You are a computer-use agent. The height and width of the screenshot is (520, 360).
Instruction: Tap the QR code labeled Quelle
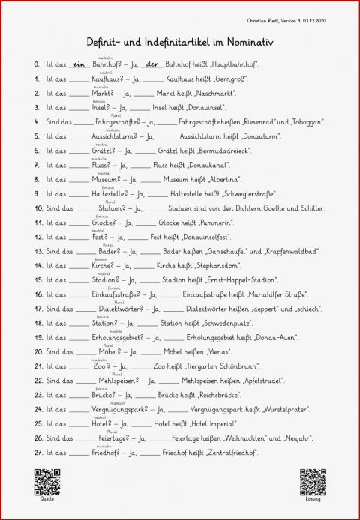(46, 482)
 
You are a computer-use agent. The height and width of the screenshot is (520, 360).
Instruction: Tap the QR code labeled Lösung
(313, 482)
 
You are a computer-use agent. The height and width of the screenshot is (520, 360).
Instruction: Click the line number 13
(36, 251)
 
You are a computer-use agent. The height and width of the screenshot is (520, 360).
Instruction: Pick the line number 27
(36, 453)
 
